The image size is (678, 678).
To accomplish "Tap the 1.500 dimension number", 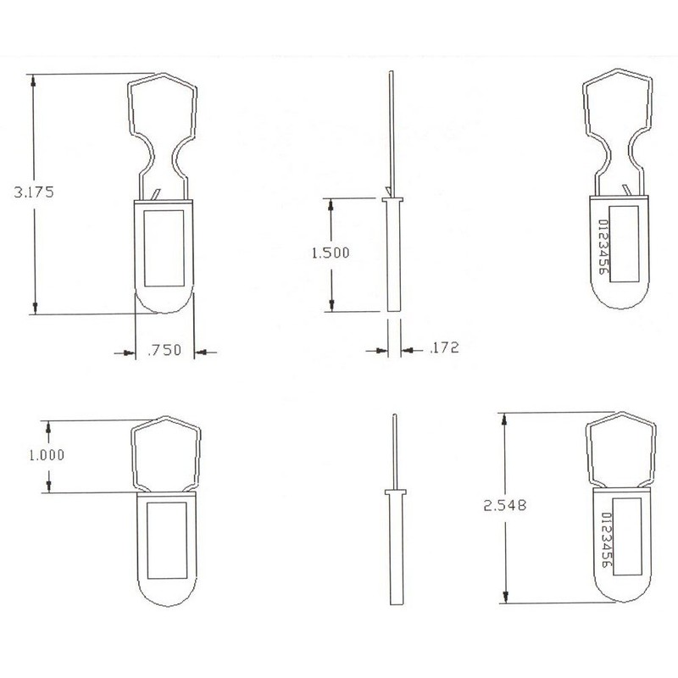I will point(330,253).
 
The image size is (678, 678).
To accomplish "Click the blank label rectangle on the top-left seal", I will point(164,247).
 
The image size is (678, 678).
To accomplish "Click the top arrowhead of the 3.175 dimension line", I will point(34,82).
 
